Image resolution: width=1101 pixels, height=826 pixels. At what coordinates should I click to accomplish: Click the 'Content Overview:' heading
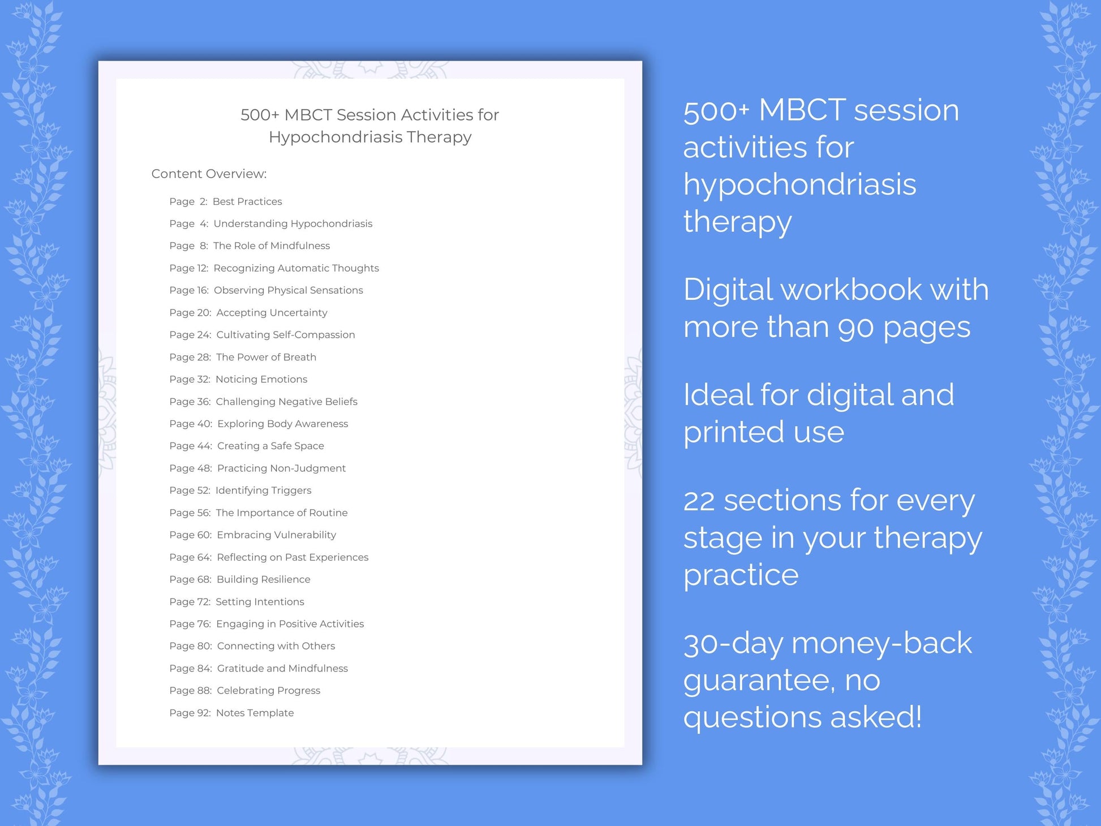pyautogui.click(x=209, y=174)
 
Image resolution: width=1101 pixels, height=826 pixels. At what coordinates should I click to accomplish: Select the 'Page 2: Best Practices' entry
pyautogui.click(x=225, y=201)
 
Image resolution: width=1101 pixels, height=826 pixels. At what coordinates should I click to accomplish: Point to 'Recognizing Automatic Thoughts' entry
pyautogui.click(x=296, y=268)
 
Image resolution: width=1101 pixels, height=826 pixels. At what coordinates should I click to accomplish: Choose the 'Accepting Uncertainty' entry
pyautogui.click(x=272, y=312)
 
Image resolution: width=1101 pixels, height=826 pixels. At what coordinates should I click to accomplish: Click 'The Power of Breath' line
pyautogui.click(x=266, y=357)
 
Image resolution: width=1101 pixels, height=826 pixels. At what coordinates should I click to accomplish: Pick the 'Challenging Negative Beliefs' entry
pyautogui.click(x=286, y=402)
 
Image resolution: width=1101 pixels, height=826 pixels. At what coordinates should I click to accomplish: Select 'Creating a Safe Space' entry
pyautogui.click(x=270, y=446)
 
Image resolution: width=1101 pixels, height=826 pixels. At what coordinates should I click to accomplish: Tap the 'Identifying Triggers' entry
pyautogui.click(x=263, y=491)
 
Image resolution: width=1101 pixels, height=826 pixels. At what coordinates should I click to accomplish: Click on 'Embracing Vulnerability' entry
pyautogui.click(x=276, y=535)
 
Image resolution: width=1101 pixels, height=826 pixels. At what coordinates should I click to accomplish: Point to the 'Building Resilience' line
pyautogui.click(x=263, y=579)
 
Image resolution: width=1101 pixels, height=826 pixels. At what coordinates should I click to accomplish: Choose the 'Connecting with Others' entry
pyautogui.click(x=276, y=646)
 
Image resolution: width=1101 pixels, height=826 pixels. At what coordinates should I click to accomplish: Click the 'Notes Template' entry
pyautogui.click(x=255, y=713)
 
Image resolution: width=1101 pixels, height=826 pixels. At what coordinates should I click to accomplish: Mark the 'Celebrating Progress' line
pyautogui.click(x=268, y=691)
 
